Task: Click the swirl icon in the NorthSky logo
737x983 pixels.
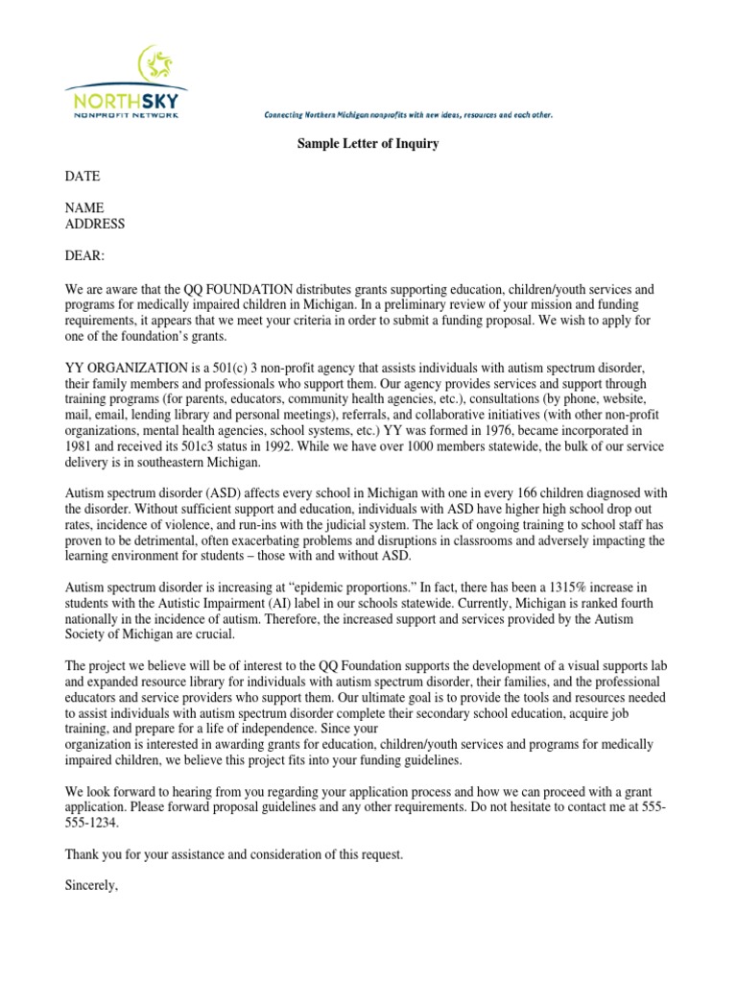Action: pos(155,66)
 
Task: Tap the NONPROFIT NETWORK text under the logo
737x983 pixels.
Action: pos(126,115)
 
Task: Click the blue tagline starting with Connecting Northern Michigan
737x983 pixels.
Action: pos(408,115)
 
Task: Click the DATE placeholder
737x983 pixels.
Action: pos(82,177)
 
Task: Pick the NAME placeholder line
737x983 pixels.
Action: pos(84,208)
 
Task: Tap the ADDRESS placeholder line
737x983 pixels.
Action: pos(94,225)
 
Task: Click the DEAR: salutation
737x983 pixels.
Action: pos(84,256)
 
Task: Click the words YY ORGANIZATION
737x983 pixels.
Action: pos(122,369)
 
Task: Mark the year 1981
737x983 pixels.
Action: pos(80,446)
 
